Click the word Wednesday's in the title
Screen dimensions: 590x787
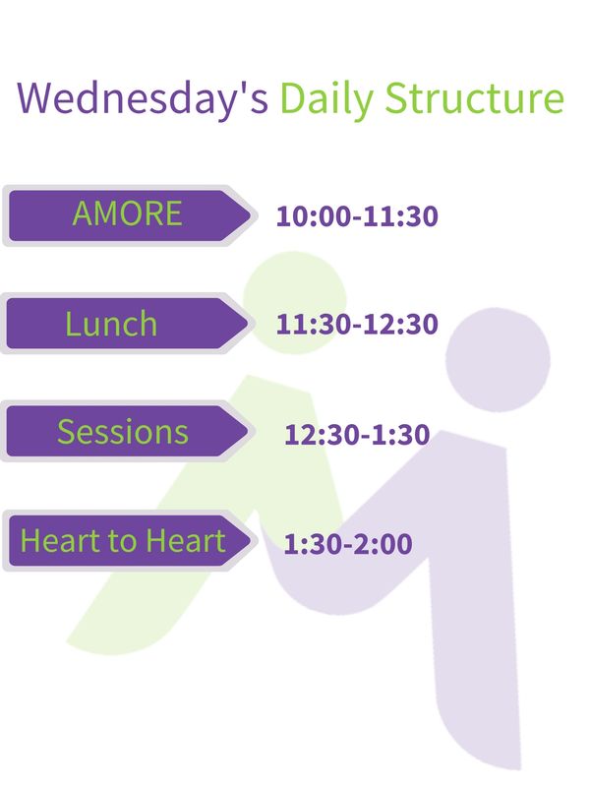[143, 97]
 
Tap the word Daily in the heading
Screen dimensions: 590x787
[326, 98]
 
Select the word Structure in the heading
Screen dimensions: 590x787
[475, 97]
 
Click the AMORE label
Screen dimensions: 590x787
[127, 213]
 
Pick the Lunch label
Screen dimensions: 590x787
[111, 324]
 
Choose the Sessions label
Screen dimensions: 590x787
[123, 432]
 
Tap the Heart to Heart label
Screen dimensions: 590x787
[122, 540]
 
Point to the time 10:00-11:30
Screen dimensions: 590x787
[357, 216]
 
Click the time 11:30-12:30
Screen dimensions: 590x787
[357, 325]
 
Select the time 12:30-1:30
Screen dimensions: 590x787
[357, 434]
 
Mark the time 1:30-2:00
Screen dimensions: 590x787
[348, 544]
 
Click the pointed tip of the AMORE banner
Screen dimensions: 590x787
[250, 215]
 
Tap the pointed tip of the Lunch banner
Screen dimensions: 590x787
[248, 324]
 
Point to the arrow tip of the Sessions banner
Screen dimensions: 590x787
[248, 431]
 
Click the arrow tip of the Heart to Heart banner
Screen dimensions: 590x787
[250, 540]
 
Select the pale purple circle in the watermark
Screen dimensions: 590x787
[498, 360]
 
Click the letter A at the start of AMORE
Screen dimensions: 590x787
[83, 213]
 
